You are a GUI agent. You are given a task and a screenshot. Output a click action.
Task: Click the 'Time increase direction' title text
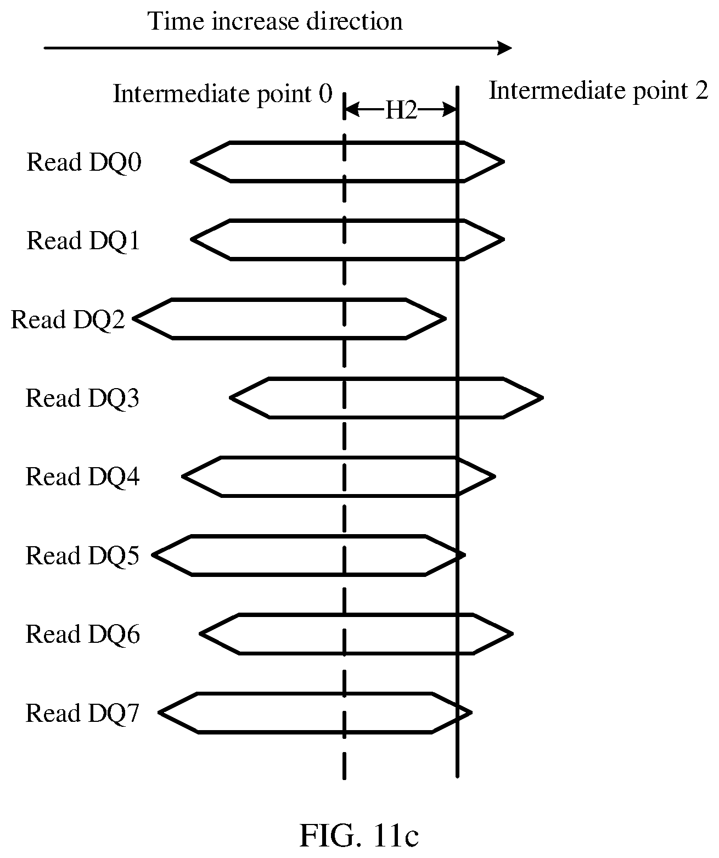[275, 21]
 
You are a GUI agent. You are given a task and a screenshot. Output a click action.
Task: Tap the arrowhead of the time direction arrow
[505, 48]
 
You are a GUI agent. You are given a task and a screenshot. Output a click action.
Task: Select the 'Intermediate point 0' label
[222, 94]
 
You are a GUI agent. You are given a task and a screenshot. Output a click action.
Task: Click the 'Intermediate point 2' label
[599, 91]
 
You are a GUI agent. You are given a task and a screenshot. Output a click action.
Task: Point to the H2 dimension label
[401, 110]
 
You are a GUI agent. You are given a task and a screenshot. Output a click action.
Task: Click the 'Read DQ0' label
[84, 162]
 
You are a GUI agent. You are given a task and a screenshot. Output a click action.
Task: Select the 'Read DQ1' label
[83, 240]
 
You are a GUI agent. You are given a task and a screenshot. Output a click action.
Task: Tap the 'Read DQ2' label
[68, 319]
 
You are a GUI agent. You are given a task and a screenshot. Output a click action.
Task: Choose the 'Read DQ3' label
[82, 398]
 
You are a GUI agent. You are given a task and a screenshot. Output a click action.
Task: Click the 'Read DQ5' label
[82, 556]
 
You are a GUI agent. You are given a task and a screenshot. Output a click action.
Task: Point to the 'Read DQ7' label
[82, 713]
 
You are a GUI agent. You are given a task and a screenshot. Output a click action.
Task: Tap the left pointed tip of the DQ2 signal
[134, 318]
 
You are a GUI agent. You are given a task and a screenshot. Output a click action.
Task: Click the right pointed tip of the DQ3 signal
[542, 398]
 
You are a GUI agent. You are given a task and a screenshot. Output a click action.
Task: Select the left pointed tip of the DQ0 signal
[192, 161]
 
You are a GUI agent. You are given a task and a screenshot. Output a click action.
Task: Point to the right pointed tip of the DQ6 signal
[512, 634]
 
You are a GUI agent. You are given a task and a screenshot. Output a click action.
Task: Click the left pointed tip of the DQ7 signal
[160, 713]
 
